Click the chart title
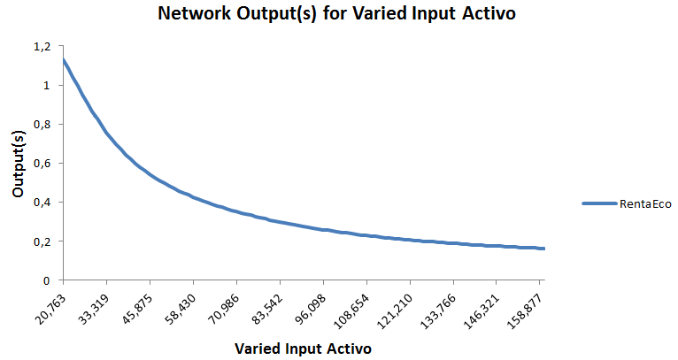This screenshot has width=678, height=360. [336, 13]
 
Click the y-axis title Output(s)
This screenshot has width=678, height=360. [19, 164]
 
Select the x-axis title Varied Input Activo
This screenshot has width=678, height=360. [303, 349]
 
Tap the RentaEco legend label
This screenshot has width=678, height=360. [645, 204]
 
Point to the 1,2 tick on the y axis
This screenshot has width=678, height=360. [42, 46]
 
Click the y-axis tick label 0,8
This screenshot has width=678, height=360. [42, 125]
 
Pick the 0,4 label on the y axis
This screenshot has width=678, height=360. [42, 203]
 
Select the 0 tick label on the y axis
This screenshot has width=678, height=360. [47, 281]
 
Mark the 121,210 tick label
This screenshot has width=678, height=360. [395, 310]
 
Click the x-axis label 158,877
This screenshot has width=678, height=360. [524, 310]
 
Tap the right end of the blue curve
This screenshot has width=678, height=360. [544, 249]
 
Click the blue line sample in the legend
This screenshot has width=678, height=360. [599, 203]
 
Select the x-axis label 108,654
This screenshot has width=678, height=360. [351, 310]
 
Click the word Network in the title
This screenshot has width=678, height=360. [195, 13]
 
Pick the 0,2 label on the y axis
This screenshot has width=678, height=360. [42, 241]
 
